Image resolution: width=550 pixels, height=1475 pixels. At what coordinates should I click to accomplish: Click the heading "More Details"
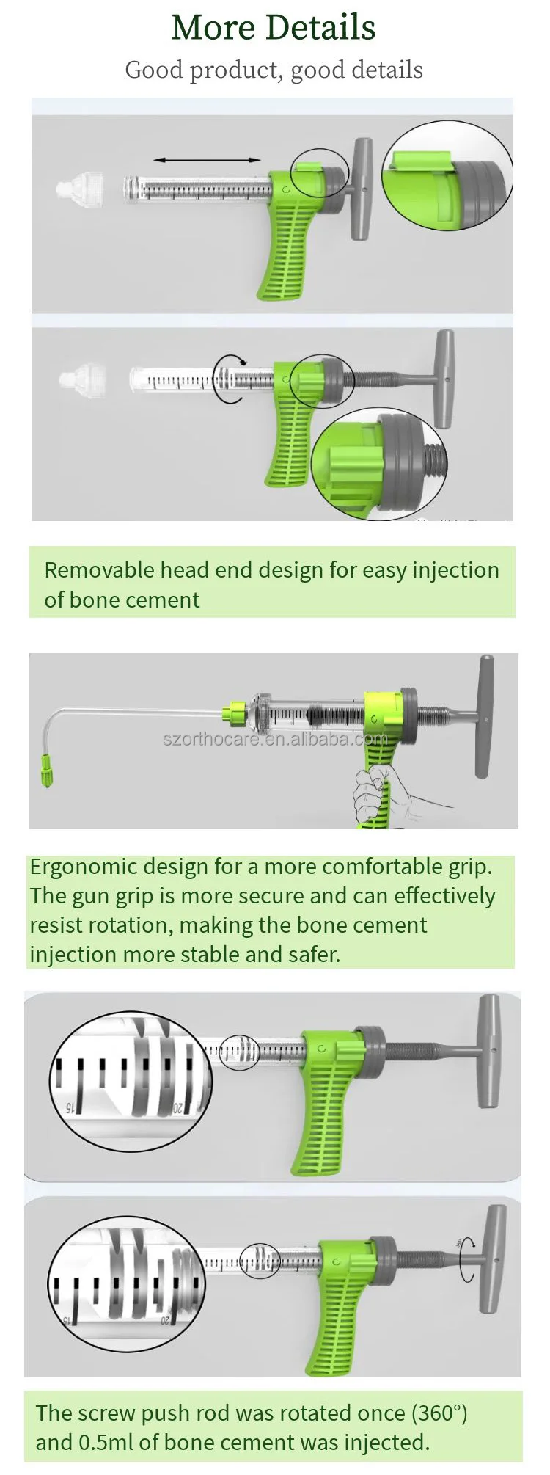273,28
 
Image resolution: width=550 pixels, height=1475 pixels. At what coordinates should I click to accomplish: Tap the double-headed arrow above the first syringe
207,159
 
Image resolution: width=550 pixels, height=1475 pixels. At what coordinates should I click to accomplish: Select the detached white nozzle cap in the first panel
79,189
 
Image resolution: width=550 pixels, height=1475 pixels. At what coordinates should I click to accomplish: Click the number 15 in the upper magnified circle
70,1107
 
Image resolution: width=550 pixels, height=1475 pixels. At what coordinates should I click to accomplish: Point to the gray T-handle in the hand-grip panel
483,715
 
